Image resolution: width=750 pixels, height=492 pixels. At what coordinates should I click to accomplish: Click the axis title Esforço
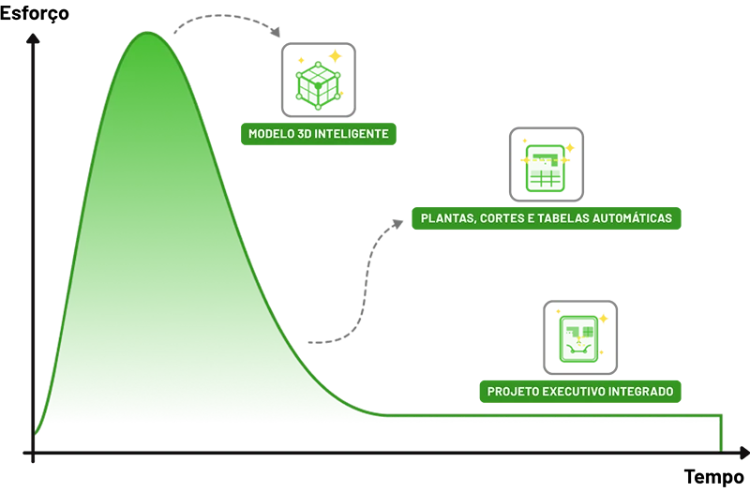click(x=35, y=12)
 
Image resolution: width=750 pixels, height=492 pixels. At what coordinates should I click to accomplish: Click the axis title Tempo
click(x=714, y=477)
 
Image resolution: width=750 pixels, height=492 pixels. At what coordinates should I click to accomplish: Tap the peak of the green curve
click(x=147, y=33)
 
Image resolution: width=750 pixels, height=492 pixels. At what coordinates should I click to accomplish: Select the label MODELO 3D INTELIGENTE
click(x=319, y=134)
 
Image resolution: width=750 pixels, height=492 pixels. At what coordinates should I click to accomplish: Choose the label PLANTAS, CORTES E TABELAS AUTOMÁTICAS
click(x=547, y=218)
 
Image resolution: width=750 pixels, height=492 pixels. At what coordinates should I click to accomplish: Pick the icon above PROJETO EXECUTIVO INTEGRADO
click(x=580, y=337)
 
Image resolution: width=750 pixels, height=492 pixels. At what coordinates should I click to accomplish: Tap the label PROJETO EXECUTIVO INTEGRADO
click(x=580, y=392)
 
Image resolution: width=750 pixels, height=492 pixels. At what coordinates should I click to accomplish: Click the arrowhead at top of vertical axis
click(x=33, y=38)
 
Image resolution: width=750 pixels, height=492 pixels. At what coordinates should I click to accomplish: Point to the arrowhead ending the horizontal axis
click(x=743, y=453)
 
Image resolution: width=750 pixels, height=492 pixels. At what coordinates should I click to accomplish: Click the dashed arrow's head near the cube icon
click(x=276, y=32)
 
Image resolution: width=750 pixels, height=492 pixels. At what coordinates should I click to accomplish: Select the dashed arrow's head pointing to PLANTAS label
click(x=397, y=224)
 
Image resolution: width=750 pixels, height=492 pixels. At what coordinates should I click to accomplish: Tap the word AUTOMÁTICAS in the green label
click(x=632, y=218)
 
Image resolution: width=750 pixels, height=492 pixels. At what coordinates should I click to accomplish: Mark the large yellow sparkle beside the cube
click(x=336, y=56)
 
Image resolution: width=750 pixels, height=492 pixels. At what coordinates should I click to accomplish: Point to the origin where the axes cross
click(x=33, y=453)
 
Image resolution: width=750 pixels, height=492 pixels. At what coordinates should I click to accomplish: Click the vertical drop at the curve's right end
click(x=721, y=434)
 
